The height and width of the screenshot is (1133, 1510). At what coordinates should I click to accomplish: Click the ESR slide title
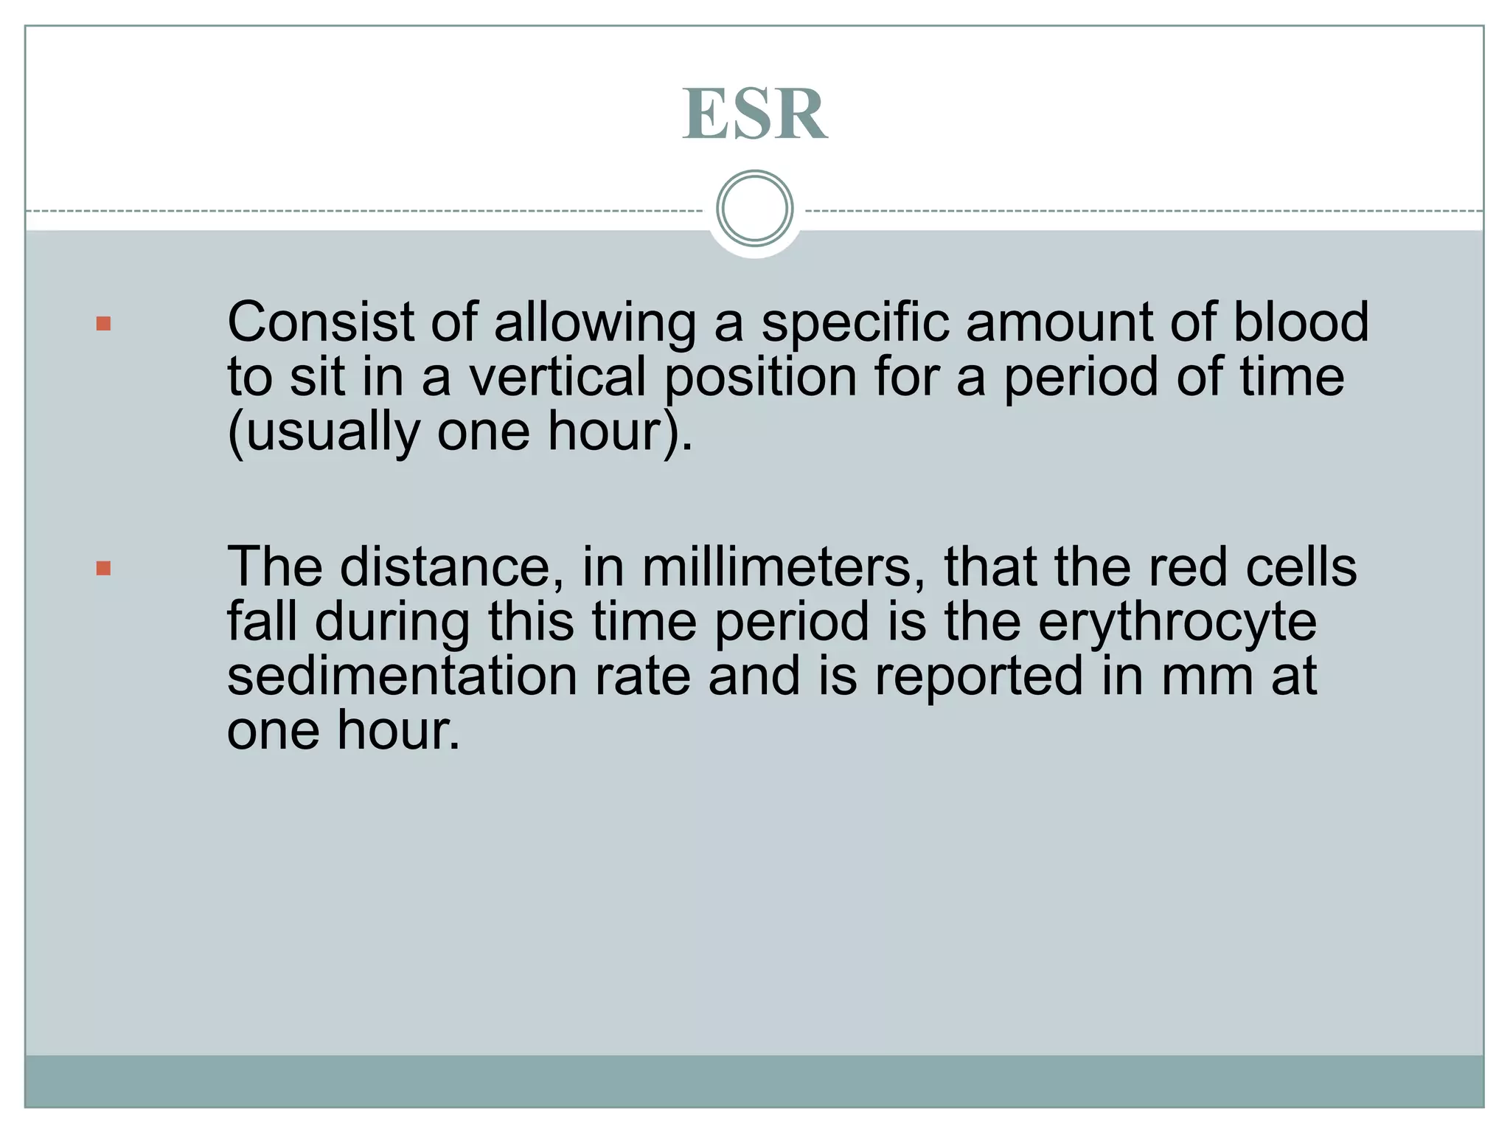tap(754, 114)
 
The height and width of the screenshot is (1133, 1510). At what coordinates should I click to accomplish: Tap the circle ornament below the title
tap(754, 209)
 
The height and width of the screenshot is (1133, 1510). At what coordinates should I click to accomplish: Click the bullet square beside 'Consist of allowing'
tap(104, 324)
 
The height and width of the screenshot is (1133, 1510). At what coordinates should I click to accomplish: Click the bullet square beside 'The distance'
tap(104, 568)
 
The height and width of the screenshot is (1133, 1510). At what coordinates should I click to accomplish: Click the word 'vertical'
tap(558, 377)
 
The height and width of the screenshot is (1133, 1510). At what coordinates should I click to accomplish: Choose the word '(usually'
tap(323, 433)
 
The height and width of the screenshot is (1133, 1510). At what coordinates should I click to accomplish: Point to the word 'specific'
tap(855, 324)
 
